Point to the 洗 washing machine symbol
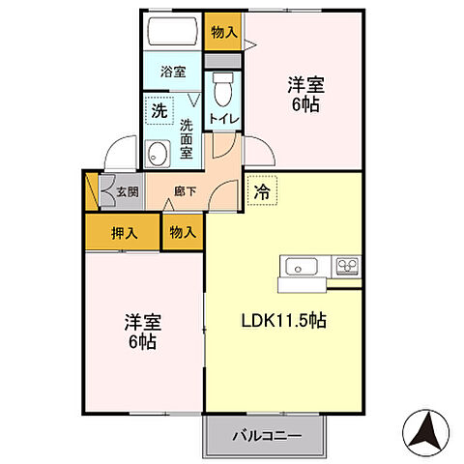(158, 110)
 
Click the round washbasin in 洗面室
(158, 153)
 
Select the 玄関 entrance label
(128, 190)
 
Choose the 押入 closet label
(123, 232)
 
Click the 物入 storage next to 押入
(182, 232)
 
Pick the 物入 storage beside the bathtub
(223, 32)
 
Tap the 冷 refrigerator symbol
(261, 191)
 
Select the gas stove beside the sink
(347, 265)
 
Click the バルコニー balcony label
(265, 436)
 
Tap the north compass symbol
(424, 432)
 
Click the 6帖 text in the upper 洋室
(308, 105)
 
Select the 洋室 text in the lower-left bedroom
(142, 321)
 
